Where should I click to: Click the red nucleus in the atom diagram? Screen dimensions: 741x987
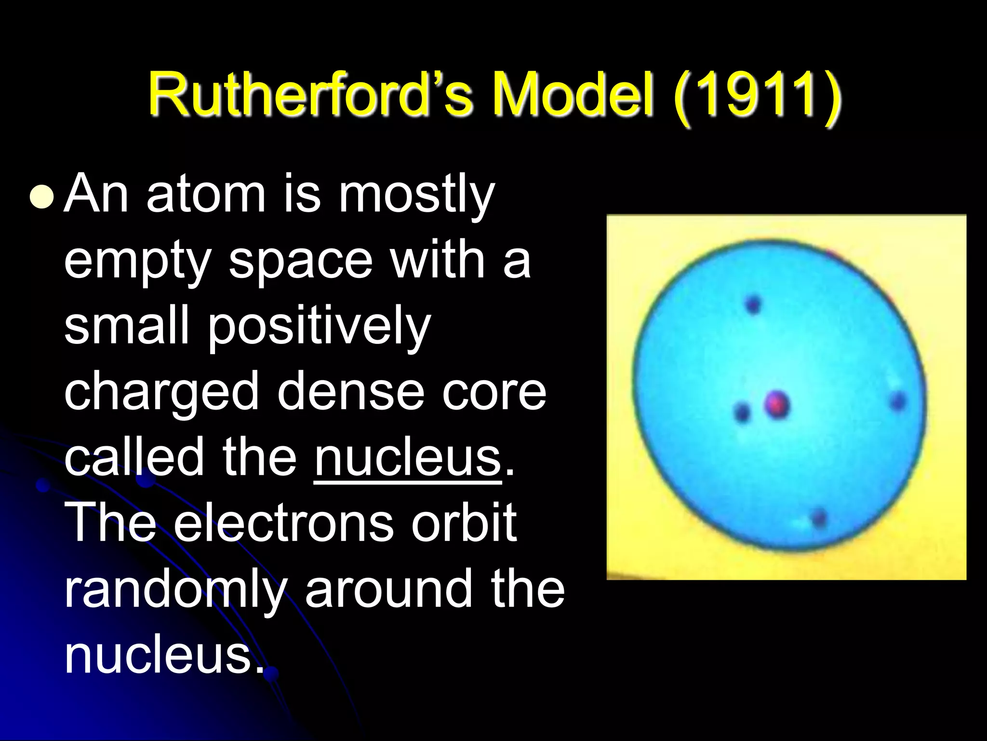click(777, 404)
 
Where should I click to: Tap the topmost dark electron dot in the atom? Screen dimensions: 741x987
click(753, 304)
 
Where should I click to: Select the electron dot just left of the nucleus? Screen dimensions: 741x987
click(742, 412)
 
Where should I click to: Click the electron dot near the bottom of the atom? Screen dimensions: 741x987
click(819, 518)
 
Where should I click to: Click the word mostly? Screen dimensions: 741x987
click(416, 196)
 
